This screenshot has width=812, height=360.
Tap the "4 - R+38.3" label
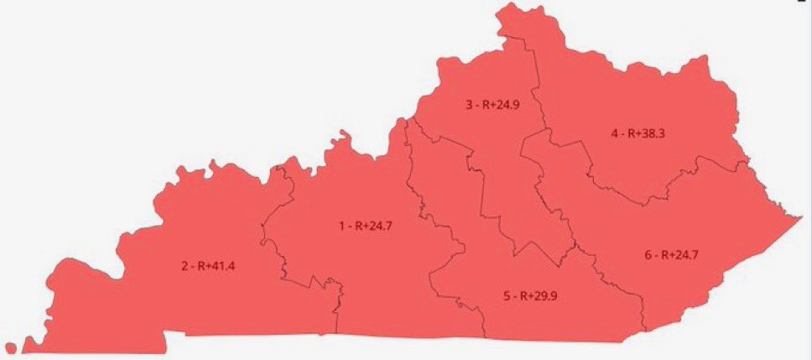point(638,133)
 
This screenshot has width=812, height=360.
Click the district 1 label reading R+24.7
point(367,226)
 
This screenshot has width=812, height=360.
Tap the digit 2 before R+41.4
point(185,267)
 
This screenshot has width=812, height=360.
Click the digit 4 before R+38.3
point(614,133)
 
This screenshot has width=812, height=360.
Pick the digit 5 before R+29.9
point(507,295)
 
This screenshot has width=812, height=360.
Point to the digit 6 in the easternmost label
point(648,254)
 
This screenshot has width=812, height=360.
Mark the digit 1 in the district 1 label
point(341,226)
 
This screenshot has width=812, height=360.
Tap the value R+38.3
point(647,133)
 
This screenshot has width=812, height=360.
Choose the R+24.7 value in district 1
point(375,226)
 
